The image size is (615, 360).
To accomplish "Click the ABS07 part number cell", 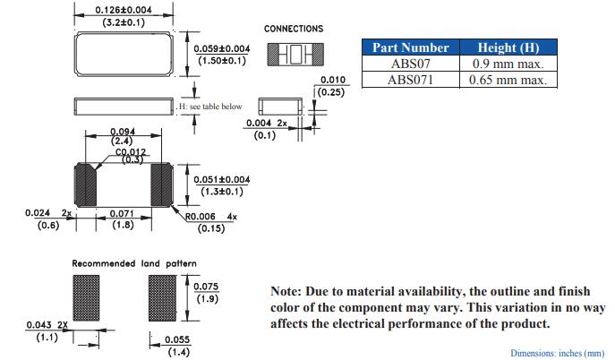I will click(411, 64).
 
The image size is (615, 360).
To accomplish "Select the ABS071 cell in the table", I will click(411, 80).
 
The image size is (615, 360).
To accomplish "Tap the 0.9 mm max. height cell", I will click(508, 64).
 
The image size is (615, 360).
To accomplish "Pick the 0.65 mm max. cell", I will click(508, 80).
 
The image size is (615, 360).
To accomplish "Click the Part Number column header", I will click(411, 47).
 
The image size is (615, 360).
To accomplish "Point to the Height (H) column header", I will click(508, 47).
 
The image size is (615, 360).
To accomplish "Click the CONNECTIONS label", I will click(294, 29).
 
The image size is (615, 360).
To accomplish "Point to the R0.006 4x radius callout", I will click(211, 217).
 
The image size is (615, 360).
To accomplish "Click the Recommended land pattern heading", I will click(134, 263).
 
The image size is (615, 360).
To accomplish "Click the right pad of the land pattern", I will click(163, 299).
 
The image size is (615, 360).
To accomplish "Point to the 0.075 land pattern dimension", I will click(207, 287).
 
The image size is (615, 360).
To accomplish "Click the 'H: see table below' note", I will click(210, 107).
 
